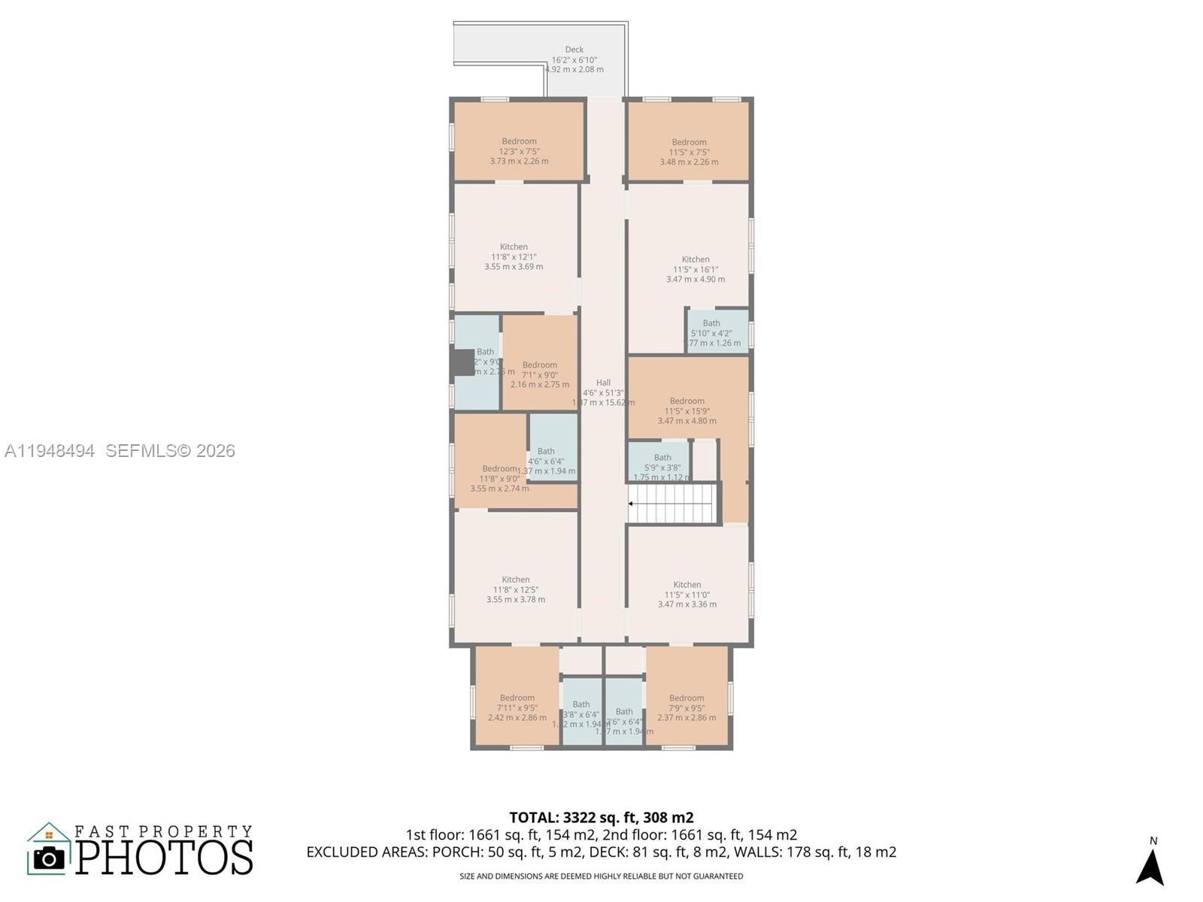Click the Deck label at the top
(x=574, y=50)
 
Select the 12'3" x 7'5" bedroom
(x=519, y=150)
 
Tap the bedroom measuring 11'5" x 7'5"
(x=689, y=151)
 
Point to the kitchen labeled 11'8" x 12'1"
(x=514, y=256)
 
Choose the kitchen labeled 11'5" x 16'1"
(x=695, y=268)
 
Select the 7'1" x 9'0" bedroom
(x=540, y=374)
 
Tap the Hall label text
(x=603, y=383)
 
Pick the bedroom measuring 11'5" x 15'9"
(x=687, y=410)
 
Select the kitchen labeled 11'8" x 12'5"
(x=516, y=589)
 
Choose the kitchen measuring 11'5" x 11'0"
(x=687, y=594)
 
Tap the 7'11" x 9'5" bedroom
(x=517, y=707)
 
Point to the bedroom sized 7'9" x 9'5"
(x=686, y=707)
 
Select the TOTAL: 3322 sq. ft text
(x=601, y=817)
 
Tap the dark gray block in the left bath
(x=463, y=362)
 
